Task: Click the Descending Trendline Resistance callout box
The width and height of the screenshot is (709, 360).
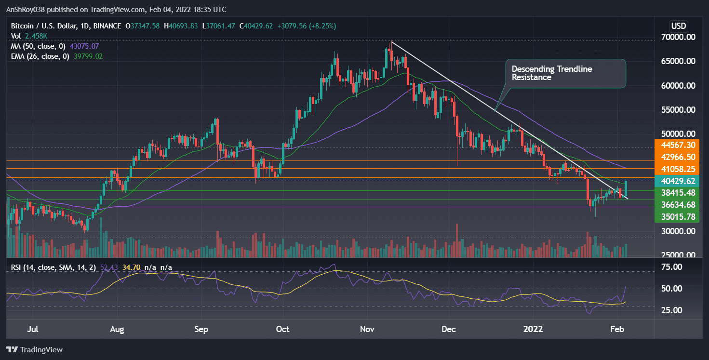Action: point(565,73)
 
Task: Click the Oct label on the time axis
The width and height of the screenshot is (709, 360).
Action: point(282,330)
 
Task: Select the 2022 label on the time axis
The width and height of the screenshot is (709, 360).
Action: point(534,330)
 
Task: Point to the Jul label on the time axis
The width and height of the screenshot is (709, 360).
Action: point(33,330)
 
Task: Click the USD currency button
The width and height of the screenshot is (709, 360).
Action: point(679,26)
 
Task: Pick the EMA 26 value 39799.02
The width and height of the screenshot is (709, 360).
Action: point(86,56)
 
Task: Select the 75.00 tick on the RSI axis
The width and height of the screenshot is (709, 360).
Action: point(671,267)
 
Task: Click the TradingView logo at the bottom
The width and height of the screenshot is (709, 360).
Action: point(34,349)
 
